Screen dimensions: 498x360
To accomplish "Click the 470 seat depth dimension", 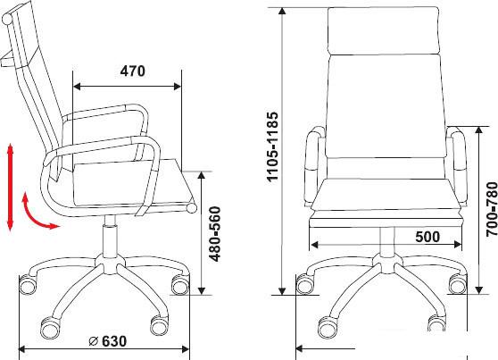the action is (133, 71).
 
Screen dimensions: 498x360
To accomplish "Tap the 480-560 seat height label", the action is (215, 234).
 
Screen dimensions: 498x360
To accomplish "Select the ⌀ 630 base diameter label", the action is (108, 341).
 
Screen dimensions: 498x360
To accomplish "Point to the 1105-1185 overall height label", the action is (272, 147).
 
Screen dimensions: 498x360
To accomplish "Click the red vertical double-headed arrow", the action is (10, 187).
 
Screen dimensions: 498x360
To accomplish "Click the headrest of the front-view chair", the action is (384, 31).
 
